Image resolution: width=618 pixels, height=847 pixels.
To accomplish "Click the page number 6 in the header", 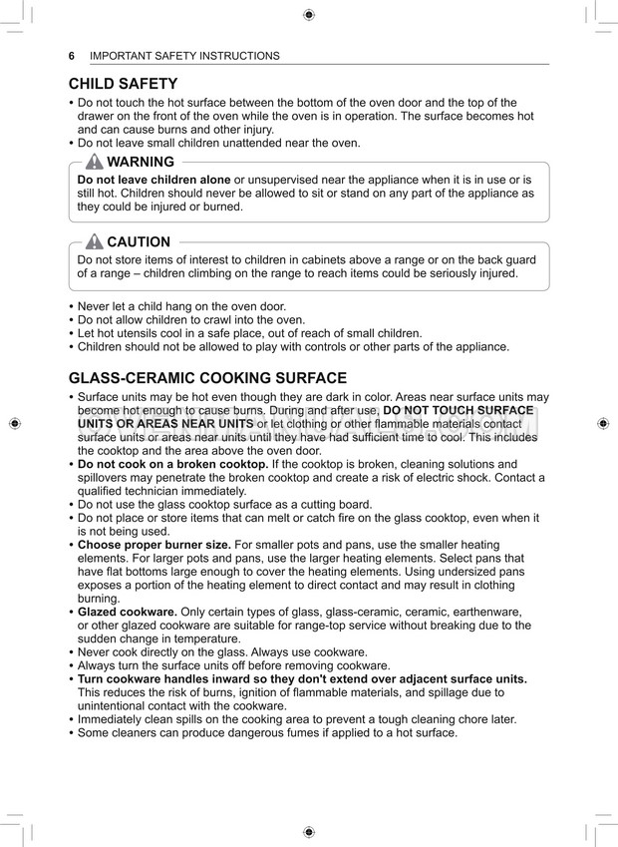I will [x=72, y=56].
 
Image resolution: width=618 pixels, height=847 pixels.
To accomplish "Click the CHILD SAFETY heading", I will [x=123, y=84].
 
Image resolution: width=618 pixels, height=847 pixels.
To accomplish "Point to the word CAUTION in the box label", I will [x=139, y=241].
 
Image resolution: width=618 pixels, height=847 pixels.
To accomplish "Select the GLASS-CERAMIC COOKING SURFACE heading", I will [x=207, y=378].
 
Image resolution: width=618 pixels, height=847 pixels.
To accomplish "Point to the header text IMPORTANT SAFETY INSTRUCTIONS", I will [x=184, y=56].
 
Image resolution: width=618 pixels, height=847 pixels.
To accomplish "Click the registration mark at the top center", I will [x=309, y=14].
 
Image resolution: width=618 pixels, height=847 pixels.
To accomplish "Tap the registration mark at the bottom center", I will [x=309, y=831].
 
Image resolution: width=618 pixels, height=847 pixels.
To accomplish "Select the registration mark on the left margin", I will [x=14, y=423].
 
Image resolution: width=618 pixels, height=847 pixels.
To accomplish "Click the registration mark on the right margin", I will [x=604, y=423].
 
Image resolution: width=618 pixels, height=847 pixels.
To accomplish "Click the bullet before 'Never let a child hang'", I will [x=71, y=306].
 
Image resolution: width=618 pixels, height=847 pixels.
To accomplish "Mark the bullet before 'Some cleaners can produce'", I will [x=71, y=733].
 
